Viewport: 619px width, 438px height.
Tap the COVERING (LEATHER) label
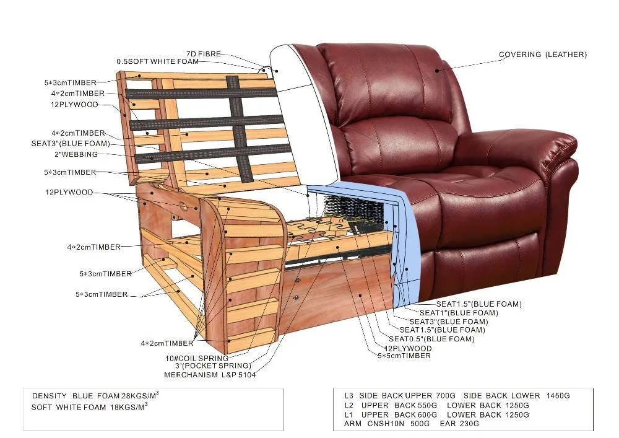pyautogui.click(x=543, y=55)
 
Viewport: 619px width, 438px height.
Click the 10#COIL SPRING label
pyautogui.click(x=196, y=359)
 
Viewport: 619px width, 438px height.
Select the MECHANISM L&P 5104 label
pyautogui.click(x=210, y=375)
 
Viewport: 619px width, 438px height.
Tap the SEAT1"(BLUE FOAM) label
pyautogui.click(x=458, y=313)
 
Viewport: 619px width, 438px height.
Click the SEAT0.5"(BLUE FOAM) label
pyautogui.click(x=431, y=339)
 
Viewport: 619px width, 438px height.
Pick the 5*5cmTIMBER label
pyautogui.click(x=404, y=356)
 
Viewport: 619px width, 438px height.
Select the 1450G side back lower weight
pyautogui.click(x=555, y=395)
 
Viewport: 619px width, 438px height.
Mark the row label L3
pyautogui.click(x=349, y=395)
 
